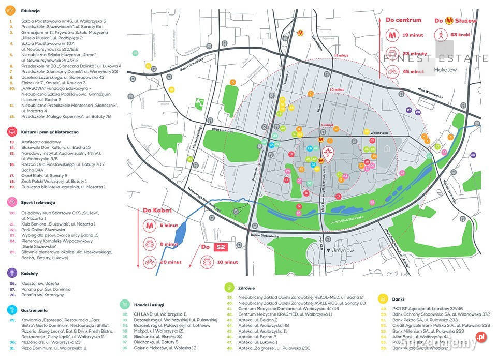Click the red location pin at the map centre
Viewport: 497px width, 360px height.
[328, 152]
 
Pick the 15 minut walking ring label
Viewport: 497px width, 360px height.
[340, 55]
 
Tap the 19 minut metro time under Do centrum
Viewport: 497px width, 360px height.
[413, 35]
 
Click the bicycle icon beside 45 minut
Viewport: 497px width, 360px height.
[392, 72]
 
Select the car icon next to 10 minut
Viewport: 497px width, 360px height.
[207, 262]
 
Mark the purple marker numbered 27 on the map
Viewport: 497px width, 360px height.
[410, 110]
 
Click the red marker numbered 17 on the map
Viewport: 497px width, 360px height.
[339, 196]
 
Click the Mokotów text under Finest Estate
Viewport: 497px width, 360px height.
[446, 69]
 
